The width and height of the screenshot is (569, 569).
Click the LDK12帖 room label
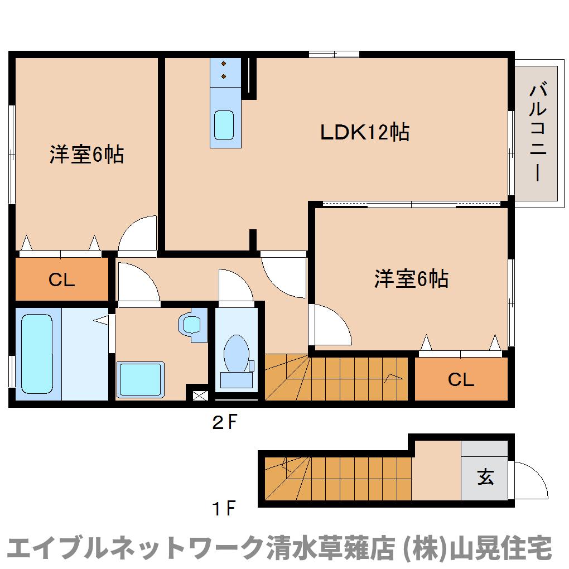(x=365, y=132)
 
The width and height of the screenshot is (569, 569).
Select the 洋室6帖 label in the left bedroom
(x=86, y=154)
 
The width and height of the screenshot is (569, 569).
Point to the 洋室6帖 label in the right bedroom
(x=411, y=279)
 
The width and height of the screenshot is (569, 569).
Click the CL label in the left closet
(x=62, y=280)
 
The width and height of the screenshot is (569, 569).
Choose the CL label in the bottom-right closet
(x=461, y=379)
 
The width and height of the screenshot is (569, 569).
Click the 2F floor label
(x=225, y=422)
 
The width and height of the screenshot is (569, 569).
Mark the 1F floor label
(x=224, y=508)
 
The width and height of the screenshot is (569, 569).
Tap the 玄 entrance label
(x=485, y=477)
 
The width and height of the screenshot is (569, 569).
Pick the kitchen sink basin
(x=224, y=125)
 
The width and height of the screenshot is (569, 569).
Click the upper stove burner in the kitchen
(x=224, y=64)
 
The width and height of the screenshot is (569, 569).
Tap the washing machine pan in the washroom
(x=140, y=379)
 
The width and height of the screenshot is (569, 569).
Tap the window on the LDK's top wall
(x=334, y=55)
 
